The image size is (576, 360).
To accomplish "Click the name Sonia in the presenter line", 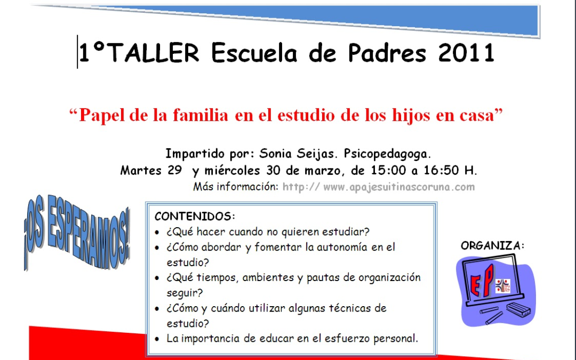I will tap(276, 154).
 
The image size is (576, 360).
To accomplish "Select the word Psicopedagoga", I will tap(387, 154).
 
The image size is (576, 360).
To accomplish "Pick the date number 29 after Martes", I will tap(174, 171).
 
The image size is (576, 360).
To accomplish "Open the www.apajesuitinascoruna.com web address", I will tap(399, 187).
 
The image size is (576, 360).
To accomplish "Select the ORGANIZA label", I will tap(492, 246).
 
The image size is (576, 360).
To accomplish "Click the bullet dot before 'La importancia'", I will tap(156, 339).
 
